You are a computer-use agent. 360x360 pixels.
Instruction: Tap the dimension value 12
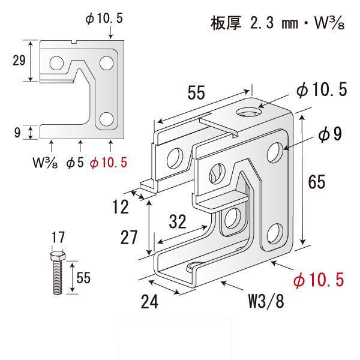click(x=121, y=207)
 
